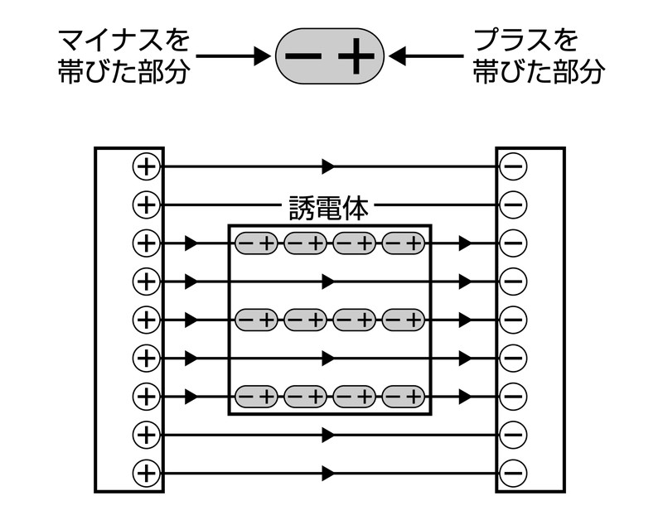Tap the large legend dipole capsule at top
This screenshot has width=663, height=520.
tap(331, 56)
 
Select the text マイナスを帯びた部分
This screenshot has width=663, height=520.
tap(124, 56)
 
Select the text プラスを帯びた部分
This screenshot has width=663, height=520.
tap(537, 56)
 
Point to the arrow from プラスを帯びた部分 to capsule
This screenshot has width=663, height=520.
tap(426, 56)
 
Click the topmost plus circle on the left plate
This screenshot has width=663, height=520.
tap(145, 166)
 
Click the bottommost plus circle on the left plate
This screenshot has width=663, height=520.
tap(145, 474)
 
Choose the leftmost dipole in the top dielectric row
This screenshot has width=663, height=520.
tap(257, 243)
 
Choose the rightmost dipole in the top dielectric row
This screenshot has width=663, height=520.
tap(404, 243)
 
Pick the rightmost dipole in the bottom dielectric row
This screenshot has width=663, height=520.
tap(404, 397)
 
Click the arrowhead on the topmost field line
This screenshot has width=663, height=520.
tap(329, 166)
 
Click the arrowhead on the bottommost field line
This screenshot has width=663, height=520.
tap(329, 474)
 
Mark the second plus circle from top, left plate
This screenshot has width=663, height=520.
tap(145, 205)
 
